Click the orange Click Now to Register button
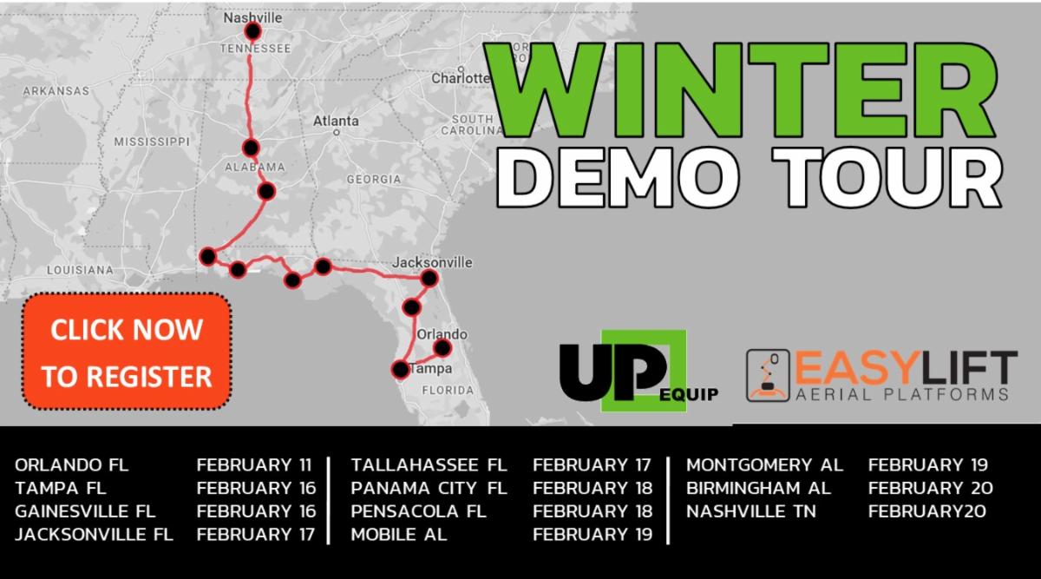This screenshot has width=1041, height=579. click(x=127, y=352)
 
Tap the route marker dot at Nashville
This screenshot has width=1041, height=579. click(x=252, y=31)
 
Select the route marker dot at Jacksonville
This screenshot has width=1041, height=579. click(x=429, y=279)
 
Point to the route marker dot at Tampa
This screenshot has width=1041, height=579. click(x=400, y=370)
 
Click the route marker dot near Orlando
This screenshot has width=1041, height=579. click(x=442, y=347)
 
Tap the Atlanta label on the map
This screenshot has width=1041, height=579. click(x=336, y=121)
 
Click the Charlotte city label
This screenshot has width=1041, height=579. click(x=460, y=78)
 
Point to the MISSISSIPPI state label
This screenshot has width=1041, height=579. click(x=152, y=141)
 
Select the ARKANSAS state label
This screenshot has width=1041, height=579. click(x=56, y=90)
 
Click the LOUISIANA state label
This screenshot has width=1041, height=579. click(x=80, y=270)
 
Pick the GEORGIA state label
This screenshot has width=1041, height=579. click(x=374, y=179)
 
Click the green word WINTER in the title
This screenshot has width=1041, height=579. click(x=741, y=90)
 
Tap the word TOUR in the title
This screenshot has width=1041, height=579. click(x=887, y=177)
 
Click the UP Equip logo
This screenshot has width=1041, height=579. click(x=639, y=372)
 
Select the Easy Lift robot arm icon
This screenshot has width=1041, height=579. click(x=768, y=376)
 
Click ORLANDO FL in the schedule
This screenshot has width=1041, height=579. click(x=71, y=464)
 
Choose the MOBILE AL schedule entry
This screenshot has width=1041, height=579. click(x=399, y=535)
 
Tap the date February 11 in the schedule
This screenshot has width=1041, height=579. click(x=253, y=464)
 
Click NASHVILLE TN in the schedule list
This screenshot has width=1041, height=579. click(x=751, y=511)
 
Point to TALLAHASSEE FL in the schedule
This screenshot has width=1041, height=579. click(x=429, y=464)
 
